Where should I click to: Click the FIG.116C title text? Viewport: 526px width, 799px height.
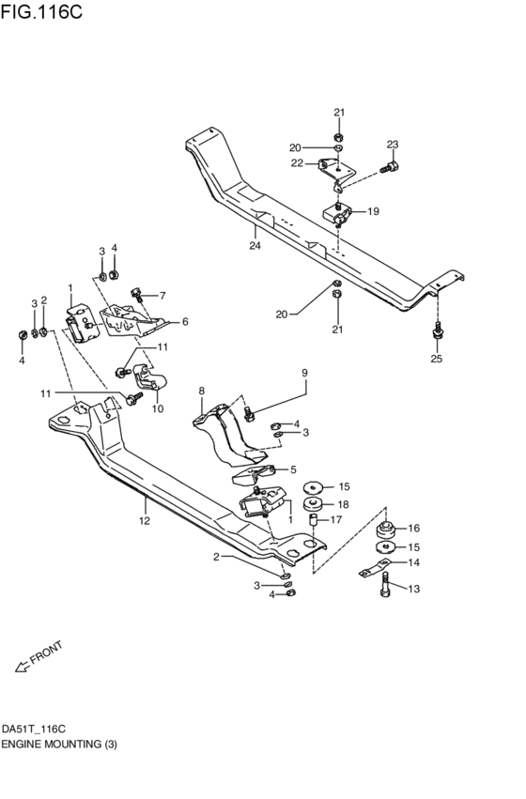[41, 11]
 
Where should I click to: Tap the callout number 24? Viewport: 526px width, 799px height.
[255, 246]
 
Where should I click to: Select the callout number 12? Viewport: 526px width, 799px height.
[145, 521]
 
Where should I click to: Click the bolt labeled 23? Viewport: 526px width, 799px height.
[389, 167]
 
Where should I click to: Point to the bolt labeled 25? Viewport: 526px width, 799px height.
[437, 330]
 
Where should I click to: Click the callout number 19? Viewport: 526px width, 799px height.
[373, 211]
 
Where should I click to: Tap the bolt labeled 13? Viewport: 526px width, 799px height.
[386, 585]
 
